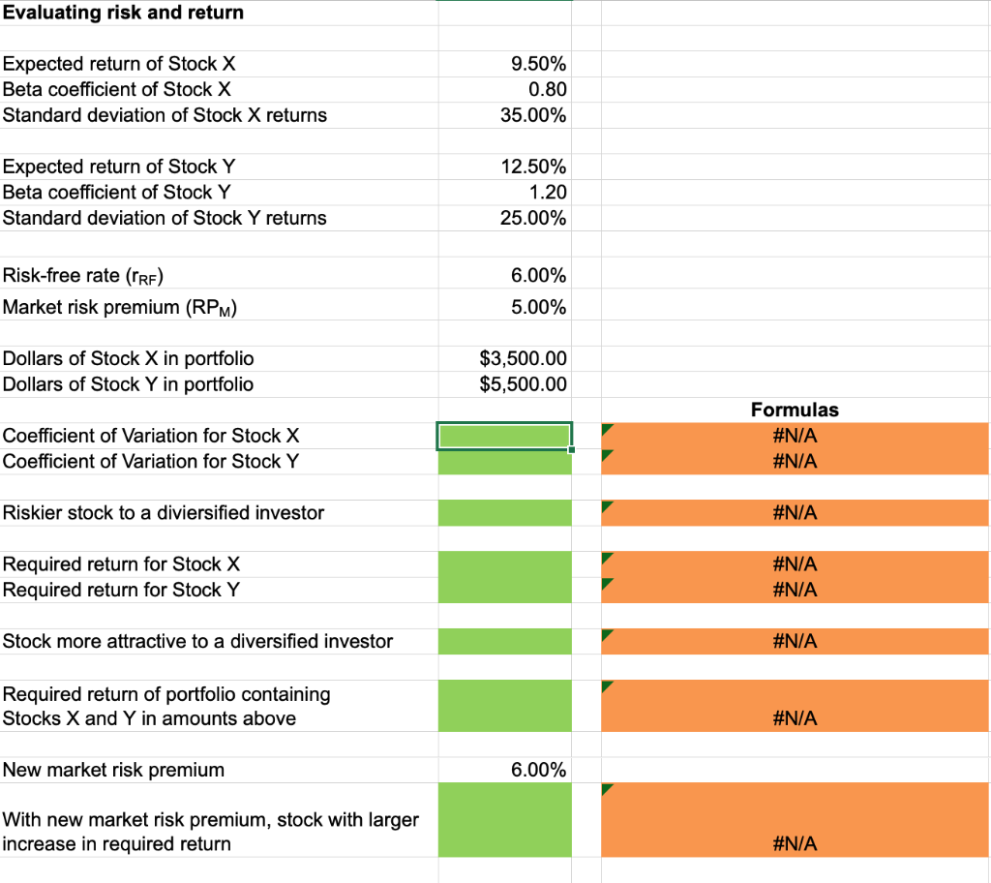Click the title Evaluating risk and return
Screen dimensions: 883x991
(123, 13)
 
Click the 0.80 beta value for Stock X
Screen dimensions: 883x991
(547, 89)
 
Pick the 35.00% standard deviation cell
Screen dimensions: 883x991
(533, 115)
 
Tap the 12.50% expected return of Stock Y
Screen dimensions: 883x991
(533, 167)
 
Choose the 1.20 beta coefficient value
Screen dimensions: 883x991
(547, 192)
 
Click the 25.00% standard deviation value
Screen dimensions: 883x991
(533, 218)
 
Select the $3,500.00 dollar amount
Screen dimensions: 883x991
(523, 358)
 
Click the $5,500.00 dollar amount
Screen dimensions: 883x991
(523, 384)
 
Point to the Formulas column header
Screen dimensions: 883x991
(795, 410)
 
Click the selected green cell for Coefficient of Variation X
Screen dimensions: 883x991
(504, 436)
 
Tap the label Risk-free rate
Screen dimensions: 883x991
(83, 276)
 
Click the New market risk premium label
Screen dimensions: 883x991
(113, 770)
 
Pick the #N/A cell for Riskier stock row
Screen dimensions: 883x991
(795, 513)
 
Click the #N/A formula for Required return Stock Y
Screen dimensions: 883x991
(795, 590)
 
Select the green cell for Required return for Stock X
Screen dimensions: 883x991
(504, 564)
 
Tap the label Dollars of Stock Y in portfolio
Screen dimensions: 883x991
(128, 384)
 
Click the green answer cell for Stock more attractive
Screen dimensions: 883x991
(504, 641)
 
